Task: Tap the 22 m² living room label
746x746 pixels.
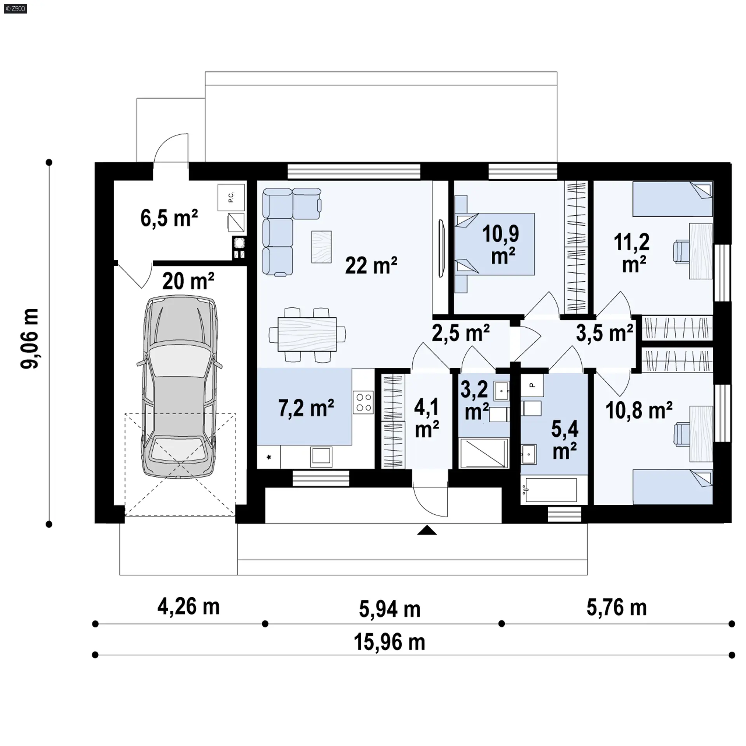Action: [371, 266]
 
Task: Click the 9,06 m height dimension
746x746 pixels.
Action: [30, 338]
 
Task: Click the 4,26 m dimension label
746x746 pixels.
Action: [188, 607]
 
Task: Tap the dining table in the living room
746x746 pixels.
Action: [307, 335]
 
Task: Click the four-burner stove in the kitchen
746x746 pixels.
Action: [363, 402]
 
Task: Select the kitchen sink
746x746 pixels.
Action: [321, 457]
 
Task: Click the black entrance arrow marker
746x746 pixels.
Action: [427, 530]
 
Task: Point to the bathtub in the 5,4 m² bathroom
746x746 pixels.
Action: [549, 490]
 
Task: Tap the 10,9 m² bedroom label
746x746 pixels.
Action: [502, 245]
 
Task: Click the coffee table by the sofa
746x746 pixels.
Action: [321, 247]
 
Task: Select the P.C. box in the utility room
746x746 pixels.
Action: [231, 197]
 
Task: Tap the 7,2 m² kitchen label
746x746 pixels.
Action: [306, 408]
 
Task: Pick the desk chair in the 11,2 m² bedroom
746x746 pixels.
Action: [681, 252]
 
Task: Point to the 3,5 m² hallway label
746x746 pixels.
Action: [605, 333]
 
